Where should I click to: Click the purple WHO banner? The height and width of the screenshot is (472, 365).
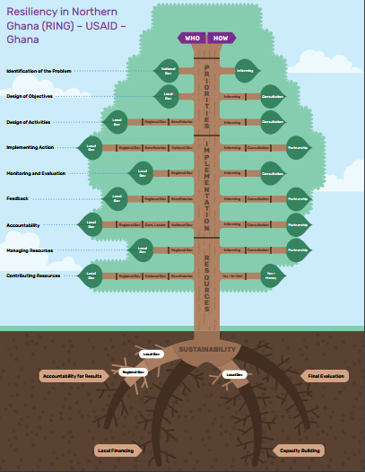(x=192, y=38)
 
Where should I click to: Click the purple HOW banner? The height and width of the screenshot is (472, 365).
(x=221, y=38)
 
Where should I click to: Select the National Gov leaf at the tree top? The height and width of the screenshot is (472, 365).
(x=168, y=70)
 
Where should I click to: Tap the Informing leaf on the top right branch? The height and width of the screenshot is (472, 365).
(x=245, y=70)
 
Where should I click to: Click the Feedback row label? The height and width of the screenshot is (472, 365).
(x=17, y=198)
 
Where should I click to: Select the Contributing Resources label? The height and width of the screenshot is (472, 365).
(x=33, y=275)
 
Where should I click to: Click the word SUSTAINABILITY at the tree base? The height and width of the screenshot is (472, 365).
(x=207, y=348)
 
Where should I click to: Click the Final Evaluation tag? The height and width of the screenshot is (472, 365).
(x=325, y=376)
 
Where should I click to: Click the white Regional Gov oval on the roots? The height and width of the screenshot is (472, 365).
(x=133, y=371)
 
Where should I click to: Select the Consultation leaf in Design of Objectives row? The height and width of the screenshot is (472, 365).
(x=271, y=96)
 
